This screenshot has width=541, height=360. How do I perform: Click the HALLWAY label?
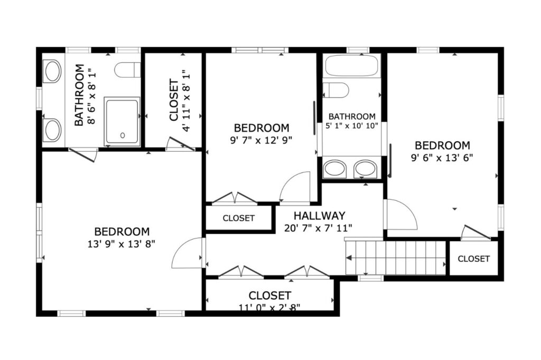pos(319,216)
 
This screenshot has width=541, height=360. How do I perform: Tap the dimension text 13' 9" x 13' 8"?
pos(122,244)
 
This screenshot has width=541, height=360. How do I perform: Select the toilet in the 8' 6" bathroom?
pos(127,70)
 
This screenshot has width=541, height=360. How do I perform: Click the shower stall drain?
pos(123,135)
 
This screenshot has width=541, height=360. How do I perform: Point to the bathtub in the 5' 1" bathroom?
pos(351,66)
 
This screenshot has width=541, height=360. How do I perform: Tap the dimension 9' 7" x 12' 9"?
pos(261,140)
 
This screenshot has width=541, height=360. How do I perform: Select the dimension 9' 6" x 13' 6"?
pos(442,158)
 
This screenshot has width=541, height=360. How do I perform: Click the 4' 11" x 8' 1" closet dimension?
pos(186,101)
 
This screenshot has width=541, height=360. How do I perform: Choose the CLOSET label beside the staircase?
pos(473,259)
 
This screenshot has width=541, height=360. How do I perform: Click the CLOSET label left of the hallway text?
pos(238,218)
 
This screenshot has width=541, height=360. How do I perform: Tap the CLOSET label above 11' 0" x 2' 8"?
pos(270,296)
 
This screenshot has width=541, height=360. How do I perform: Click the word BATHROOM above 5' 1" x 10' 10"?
pos(352,116)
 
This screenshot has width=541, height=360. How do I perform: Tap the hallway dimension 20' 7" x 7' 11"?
pos(318,228)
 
